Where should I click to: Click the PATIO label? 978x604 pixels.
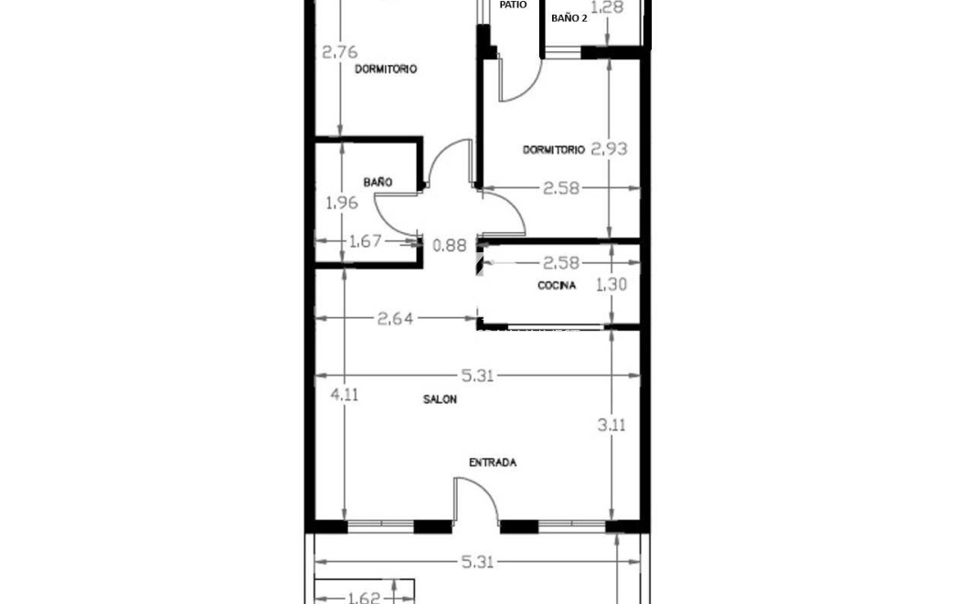click(513, 5)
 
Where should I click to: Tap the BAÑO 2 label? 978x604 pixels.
click(569, 18)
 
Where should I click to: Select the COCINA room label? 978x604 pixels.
click(557, 286)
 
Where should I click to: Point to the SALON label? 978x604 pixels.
click(440, 399)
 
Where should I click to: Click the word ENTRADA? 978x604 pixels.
click(493, 462)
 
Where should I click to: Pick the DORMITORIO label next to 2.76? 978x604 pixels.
click(386, 69)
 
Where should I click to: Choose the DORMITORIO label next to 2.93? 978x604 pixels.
click(554, 150)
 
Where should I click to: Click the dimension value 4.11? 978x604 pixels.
click(344, 395)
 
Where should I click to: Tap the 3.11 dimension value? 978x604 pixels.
click(611, 425)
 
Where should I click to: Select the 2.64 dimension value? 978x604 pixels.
click(395, 319)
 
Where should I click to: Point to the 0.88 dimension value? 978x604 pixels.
click(450, 245)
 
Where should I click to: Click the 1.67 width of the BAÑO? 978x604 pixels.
click(366, 241)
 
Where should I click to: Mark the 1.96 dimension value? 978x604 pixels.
click(342, 203)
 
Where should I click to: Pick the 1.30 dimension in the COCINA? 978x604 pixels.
click(611, 285)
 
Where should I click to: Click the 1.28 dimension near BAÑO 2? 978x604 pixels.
click(607, 8)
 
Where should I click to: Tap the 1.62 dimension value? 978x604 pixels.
click(365, 599)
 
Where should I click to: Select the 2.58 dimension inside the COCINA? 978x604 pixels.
click(561, 263)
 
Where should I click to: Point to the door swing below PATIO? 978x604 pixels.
click(516, 81)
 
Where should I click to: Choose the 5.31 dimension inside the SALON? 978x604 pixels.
click(477, 376)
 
